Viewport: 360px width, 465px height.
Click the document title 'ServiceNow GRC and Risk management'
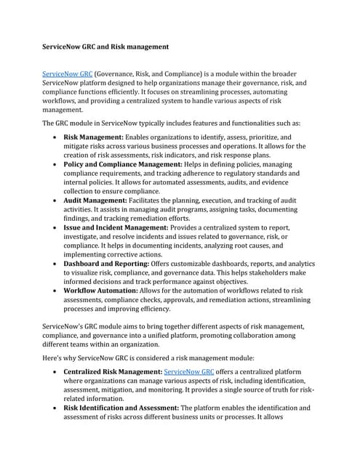coord(105,47)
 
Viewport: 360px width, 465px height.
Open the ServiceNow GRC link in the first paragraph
coord(68,73)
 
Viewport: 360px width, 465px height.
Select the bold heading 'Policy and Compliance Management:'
coord(116,165)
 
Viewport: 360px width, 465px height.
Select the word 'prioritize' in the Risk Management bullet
coord(262,137)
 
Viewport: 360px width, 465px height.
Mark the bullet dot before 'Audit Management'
coord(57,200)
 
